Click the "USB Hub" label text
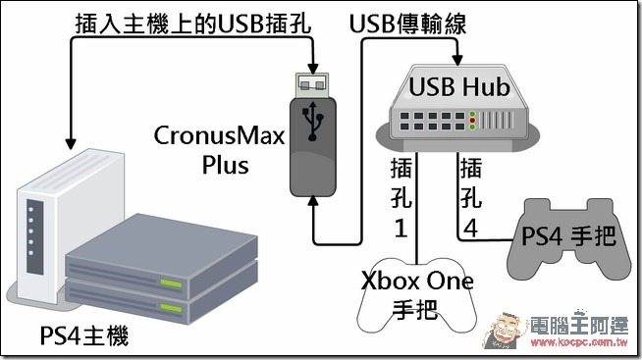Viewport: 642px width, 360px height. tap(459, 86)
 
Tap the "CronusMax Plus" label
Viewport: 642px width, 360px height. tap(219, 150)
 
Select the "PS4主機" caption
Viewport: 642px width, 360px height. tap(84, 335)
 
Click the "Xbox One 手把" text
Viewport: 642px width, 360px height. tap(417, 295)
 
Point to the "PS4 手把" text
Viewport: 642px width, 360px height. tap(568, 236)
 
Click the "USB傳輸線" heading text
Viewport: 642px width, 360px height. tap(407, 24)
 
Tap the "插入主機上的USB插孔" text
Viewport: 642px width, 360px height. tap(193, 24)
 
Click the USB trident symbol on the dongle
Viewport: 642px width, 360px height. tap(313, 121)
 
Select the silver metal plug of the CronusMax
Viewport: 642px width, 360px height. tap(312, 85)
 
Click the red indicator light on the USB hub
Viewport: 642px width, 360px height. tap(472, 121)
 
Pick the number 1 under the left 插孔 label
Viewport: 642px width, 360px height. tap(401, 228)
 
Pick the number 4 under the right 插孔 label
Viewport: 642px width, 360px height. tap(470, 228)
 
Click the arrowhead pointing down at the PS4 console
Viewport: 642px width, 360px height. tap(71, 143)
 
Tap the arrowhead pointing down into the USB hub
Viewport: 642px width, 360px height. tap(457, 60)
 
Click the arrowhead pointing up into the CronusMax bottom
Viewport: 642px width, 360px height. tap(313, 201)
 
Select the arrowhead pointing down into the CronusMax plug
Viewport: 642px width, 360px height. tap(313, 69)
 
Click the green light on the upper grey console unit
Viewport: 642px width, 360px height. tap(171, 283)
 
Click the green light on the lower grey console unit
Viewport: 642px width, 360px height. tap(171, 308)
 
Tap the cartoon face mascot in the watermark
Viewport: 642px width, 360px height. tap(504, 330)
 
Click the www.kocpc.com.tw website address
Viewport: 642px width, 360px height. tap(579, 342)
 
